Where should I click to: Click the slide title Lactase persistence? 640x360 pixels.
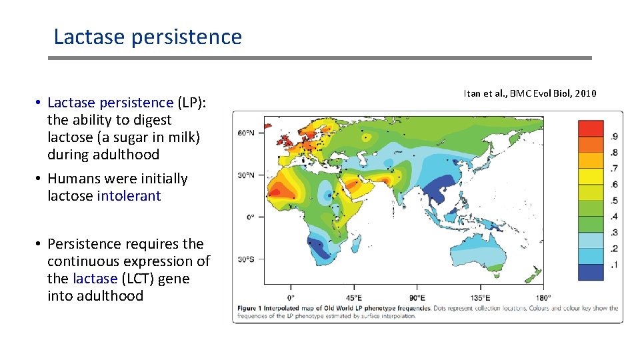[x=147, y=37]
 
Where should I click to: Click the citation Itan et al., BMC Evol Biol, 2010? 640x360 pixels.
[x=530, y=93]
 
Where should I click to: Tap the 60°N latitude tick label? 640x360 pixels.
[x=246, y=133]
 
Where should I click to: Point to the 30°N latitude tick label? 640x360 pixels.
[x=246, y=175]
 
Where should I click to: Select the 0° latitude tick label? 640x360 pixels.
[x=251, y=217]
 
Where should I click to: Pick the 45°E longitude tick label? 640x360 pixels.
[x=353, y=297]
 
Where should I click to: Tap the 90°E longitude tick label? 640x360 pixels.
[x=417, y=297]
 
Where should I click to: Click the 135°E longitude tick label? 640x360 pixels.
[x=480, y=297]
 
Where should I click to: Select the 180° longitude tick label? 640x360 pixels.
[x=543, y=297]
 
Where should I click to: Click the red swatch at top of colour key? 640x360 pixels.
[x=591, y=128]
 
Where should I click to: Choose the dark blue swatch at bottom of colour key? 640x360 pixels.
[x=591, y=272]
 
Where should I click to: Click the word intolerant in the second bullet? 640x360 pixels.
[x=129, y=196]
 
